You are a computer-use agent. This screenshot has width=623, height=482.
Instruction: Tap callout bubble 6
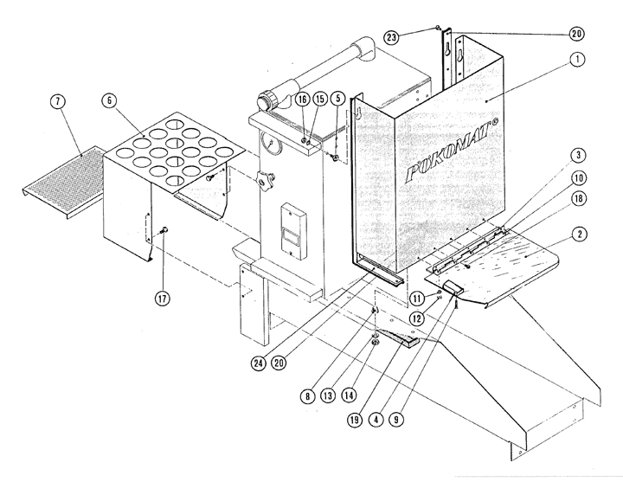[x=110, y=101]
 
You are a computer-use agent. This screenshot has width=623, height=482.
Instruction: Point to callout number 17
[x=163, y=299]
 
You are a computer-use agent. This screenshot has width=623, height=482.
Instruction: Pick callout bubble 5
[x=337, y=100]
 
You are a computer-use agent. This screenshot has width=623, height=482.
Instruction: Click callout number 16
[x=302, y=100]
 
